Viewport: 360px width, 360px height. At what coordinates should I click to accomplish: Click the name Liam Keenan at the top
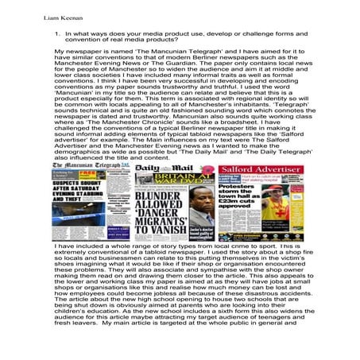point(33,15)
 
